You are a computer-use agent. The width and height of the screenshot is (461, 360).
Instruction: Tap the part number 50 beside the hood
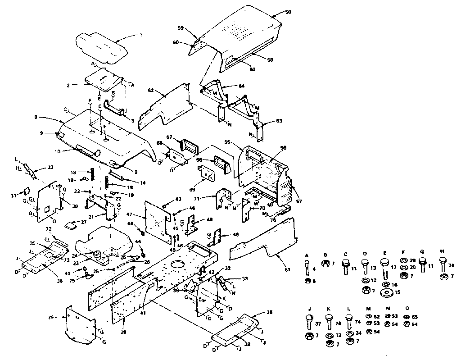tap(288, 13)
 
